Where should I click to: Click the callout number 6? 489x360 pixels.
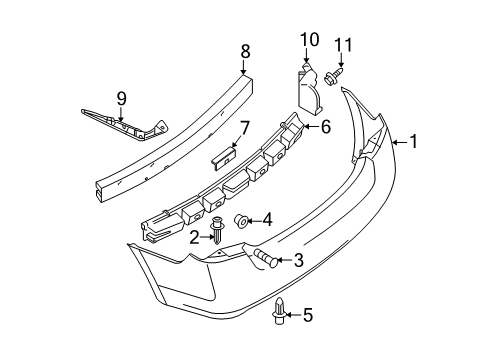point(325,126)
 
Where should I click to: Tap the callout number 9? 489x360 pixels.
point(121,99)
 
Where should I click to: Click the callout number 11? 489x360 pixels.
point(344,45)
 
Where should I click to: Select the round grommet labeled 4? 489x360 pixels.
point(242,220)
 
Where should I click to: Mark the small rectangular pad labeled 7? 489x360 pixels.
point(223,153)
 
